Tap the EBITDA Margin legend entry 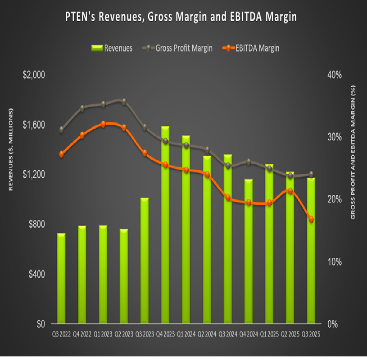[252, 48]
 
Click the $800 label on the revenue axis [36, 224]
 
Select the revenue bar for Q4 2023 [165, 225]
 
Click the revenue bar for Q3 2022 [61, 279]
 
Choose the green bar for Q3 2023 [145, 261]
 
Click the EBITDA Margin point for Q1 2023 [103, 124]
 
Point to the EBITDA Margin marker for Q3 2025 [311, 219]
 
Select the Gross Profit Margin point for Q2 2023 [124, 102]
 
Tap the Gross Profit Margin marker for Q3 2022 [61, 130]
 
